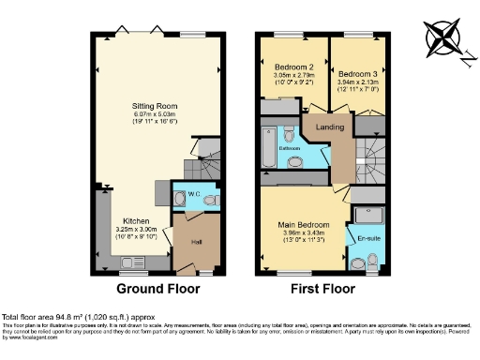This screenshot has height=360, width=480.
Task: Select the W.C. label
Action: click(195, 195)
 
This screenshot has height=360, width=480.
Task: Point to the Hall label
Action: click(198, 241)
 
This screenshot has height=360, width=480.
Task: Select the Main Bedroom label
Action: click(302, 225)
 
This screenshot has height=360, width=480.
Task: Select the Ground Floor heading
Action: click(156, 290)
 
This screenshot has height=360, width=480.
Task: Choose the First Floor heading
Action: click(320, 290)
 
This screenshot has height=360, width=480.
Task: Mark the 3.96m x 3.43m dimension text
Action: click(302, 233)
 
